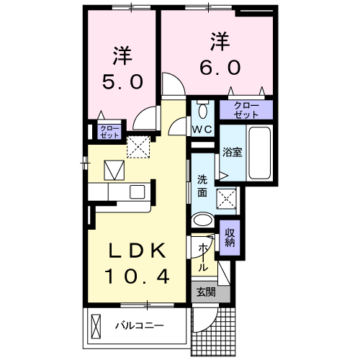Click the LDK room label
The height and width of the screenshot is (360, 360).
(x=138, y=251)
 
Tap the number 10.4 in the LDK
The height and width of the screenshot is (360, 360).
(x=138, y=275)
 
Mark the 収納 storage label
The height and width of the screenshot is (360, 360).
(x=230, y=238)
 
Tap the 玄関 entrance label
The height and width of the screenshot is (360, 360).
(x=206, y=292)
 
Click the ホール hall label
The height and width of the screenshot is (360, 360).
(x=203, y=256)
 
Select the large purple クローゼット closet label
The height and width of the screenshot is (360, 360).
(x=246, y=110)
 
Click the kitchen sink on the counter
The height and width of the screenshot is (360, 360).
(x=136, y=191)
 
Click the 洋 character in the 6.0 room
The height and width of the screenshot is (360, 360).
(x=219, y=40)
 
